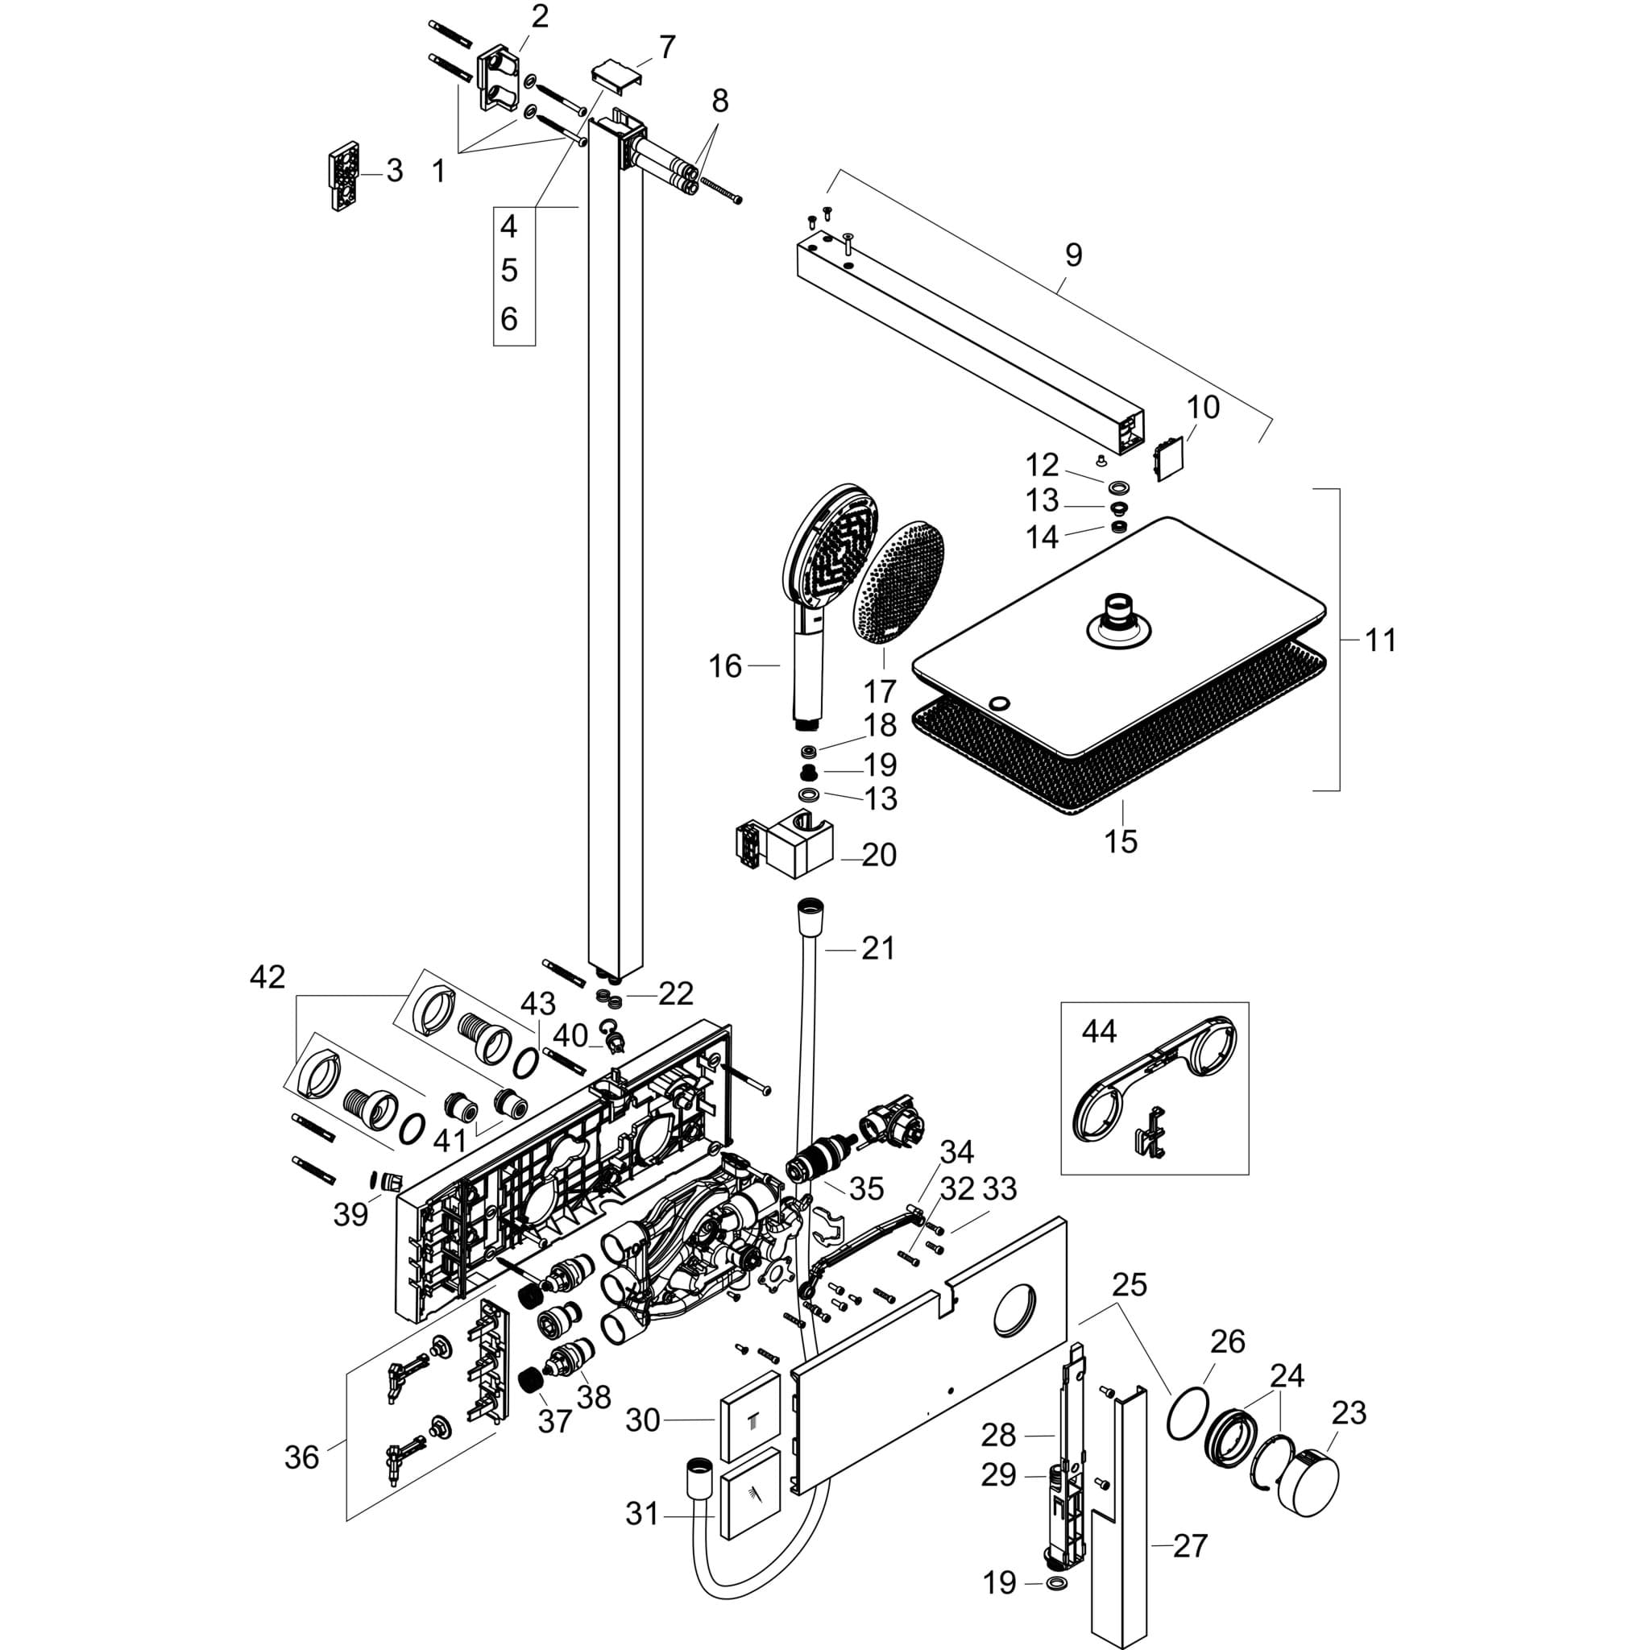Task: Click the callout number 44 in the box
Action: pyautogui.click(x=1098, y=1032)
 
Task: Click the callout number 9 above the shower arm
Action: pyautogui.click(x=1073, y=255)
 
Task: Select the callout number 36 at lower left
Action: pyautogui.click(x=301, y=1457)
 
